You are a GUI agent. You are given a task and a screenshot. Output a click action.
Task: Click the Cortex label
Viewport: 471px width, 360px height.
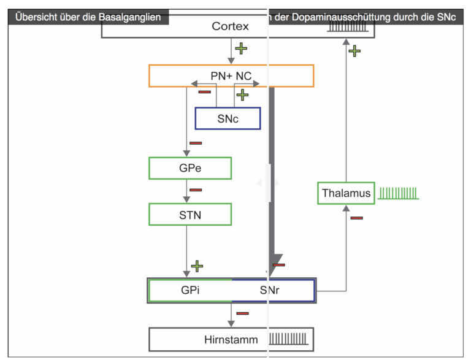click(x=230, y=26)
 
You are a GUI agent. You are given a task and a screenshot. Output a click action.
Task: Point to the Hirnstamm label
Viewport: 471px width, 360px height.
click(x=231, y=340)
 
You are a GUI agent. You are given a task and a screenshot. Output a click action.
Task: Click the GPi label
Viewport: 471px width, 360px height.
click(x=190, y=290)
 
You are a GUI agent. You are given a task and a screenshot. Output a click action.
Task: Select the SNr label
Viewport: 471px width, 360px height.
click(x=269, y=290)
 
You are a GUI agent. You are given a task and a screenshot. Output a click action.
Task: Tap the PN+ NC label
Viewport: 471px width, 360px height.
click(x=231, y=76)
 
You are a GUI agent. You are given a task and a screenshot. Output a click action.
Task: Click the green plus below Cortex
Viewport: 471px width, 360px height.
click(x=241, y=48)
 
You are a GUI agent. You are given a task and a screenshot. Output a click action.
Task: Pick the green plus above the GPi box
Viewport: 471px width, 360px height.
click(x=197, y=266)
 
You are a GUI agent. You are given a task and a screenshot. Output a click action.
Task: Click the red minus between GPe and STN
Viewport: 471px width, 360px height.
click(x=196, y=190)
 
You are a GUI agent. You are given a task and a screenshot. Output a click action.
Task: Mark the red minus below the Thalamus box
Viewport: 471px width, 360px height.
click(x=356, y=218)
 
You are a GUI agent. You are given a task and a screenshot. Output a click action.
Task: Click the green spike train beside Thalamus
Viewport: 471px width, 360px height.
click(x=398, y=193)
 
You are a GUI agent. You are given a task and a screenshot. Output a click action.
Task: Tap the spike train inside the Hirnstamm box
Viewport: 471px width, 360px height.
click(x=288, y=339)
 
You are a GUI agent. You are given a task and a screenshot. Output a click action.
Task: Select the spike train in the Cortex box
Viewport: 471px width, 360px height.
click(x=348, y=26)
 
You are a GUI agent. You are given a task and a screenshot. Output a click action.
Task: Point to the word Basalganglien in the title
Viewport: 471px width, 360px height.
click(x=129, y=17)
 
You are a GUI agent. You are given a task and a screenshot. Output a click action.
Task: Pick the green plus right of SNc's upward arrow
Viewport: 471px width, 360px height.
click(x=242, y=95)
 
